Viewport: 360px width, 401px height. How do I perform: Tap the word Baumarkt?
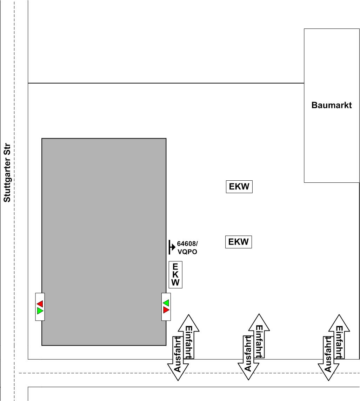pos(331,105)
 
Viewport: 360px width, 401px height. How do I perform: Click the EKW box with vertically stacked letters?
pos(175,275)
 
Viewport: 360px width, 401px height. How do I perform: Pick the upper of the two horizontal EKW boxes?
pos(239,186)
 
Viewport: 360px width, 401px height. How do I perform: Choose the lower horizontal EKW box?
pos(239,242)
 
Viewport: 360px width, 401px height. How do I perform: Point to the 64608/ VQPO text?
pos(187,248)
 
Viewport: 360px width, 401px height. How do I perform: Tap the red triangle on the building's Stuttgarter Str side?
pos(40,303)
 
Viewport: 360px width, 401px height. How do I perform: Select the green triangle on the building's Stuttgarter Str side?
pos(40,311)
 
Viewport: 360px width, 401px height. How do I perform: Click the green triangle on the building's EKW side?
pos(166,302)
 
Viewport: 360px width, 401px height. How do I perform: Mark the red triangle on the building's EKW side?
pos(166,310)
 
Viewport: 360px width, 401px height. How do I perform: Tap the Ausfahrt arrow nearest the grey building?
pos(178,358)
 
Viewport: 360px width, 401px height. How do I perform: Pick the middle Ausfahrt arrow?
pos(248,358)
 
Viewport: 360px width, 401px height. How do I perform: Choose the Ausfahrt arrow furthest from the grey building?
pos(328,358)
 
